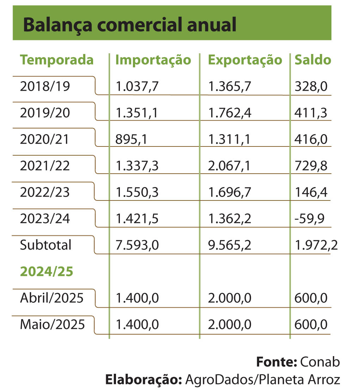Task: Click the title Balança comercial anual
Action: click(129, 25)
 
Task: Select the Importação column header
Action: click(153, 60)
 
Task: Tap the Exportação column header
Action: click(245, 60)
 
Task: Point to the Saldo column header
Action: click(313, 60)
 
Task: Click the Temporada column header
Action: click(57, 60)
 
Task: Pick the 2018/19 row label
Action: click(45, 86)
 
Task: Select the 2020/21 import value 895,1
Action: click(131, 139)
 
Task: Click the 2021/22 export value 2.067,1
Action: click(229, 166)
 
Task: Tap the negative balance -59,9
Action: click(309, 218)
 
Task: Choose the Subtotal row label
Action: click(45, 245)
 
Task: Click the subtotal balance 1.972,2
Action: click(316, 245)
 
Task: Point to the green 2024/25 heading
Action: click(47, 271)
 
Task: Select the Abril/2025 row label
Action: click(52, 298)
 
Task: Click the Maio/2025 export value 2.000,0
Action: click(230, 325)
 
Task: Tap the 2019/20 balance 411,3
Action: click(311, 113)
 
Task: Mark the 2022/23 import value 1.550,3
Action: click(137, 192)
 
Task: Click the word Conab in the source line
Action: click(320, 362)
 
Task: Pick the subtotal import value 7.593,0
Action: click(137, 245)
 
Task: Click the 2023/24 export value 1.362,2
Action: click(230, 218)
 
